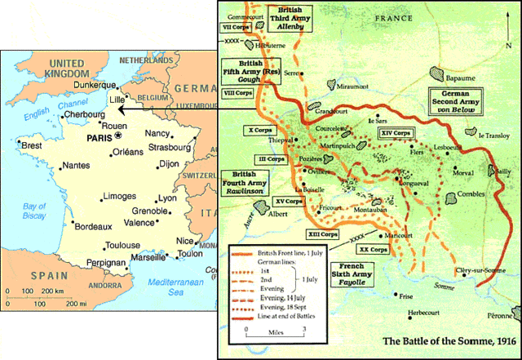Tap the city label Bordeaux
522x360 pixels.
pos(92,224)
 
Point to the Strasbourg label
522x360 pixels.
pos(169,148)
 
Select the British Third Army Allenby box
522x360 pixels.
pos(290,19)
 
